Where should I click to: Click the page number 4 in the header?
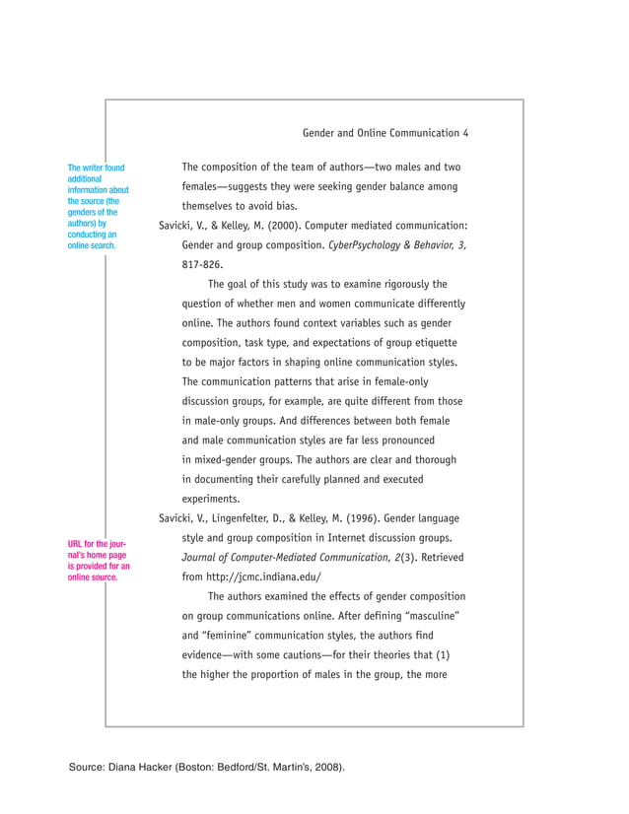(465, 133)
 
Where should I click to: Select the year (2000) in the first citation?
(274, 226)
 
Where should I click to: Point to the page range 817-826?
(202, 264)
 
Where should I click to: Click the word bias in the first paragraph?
(286, 206)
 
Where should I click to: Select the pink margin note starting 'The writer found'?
(97, 207)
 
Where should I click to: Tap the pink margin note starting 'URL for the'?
(98, 561)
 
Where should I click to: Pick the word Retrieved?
(441, 557)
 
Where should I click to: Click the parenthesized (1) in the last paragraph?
(443, 654)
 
